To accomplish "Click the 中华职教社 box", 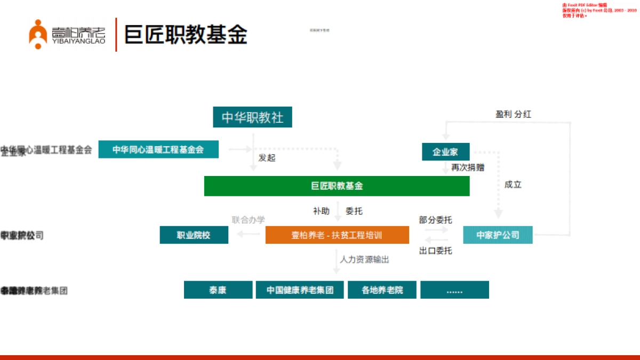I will pyautogui.click(x=252, y=117).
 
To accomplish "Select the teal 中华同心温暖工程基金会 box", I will pyautogui.click(x=158, y=149).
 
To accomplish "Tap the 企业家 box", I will pyautogui.click(x=446, y=151).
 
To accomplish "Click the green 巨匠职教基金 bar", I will pyautogui.click(x=337, y=186).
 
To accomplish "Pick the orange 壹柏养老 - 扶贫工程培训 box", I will pyautogui.click(x=337, y=235).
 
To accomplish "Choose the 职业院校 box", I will pyautogui.click(x=194, y=235).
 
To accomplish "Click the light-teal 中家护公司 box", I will pyautogui.click(x=498, y=235).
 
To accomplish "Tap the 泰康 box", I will pyautogui.click(x=218, y=290).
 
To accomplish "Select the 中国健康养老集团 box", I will pyautogui.click(x=300, y=290).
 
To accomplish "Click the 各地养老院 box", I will pyautogui.click(x=382, y=290).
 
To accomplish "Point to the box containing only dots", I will pyautogui.click(x=454, y=290).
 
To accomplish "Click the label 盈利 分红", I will pyautogui.click(x=513, y=114).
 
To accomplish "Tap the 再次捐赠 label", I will pyautogui.click(x=468, y=167).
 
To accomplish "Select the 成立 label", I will pyautogui.click(x=513, y=185).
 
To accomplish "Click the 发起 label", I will pyautogui.click(x=267, y=158).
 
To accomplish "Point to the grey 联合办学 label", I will pyautogui.click(x=248, y=219).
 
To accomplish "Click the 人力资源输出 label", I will pyautogui.click(x=365, y=260).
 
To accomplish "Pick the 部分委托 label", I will pyautogui.click(x=435, y=220).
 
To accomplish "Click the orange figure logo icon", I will pyautogui.click(x=38, y=35).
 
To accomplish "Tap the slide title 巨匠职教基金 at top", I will pyautogui.click(x=186, y=35).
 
